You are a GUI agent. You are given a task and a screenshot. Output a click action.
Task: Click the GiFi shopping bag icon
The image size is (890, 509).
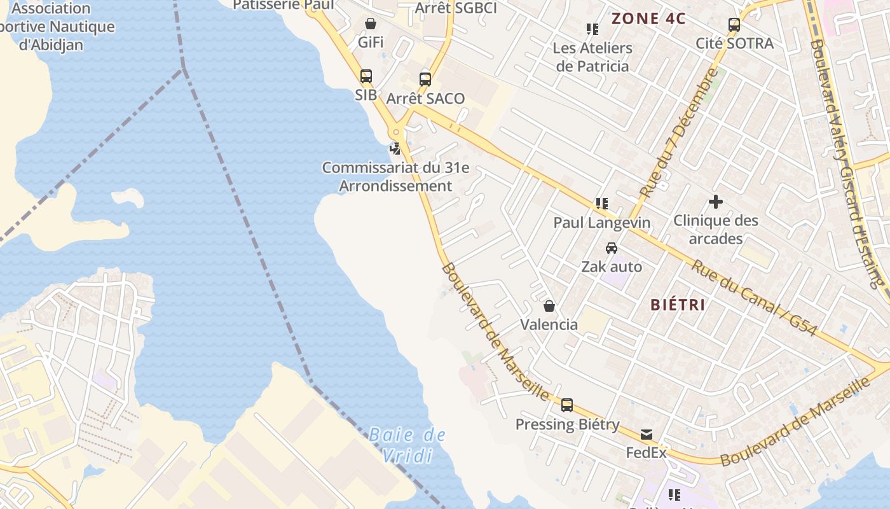371,24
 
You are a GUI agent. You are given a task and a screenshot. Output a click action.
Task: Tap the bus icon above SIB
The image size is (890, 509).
366,77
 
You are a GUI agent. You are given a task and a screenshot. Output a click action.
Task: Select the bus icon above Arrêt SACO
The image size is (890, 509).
425,80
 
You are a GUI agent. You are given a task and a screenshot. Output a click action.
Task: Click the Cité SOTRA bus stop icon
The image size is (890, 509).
734,25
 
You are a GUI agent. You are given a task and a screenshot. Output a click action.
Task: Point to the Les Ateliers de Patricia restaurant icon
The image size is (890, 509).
592,29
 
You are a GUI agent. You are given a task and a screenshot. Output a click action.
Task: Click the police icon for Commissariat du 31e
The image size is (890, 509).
395,149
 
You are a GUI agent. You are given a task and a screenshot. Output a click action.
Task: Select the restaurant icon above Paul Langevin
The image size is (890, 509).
601,204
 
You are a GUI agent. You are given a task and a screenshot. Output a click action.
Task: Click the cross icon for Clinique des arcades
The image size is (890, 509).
716,202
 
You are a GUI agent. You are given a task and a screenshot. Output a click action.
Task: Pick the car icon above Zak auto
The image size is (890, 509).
612,248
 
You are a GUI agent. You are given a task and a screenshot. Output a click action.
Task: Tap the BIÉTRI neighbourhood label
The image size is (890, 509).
678,305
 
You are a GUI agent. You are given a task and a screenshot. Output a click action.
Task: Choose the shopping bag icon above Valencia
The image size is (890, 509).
549,306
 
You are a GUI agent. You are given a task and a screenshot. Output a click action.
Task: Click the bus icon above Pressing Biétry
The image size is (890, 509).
567,405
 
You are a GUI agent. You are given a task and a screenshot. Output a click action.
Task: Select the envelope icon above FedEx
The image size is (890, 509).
647,435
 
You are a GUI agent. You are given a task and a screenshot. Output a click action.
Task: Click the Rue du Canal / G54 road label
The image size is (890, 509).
754,297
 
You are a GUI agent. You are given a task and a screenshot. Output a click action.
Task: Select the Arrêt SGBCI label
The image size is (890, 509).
456,8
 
